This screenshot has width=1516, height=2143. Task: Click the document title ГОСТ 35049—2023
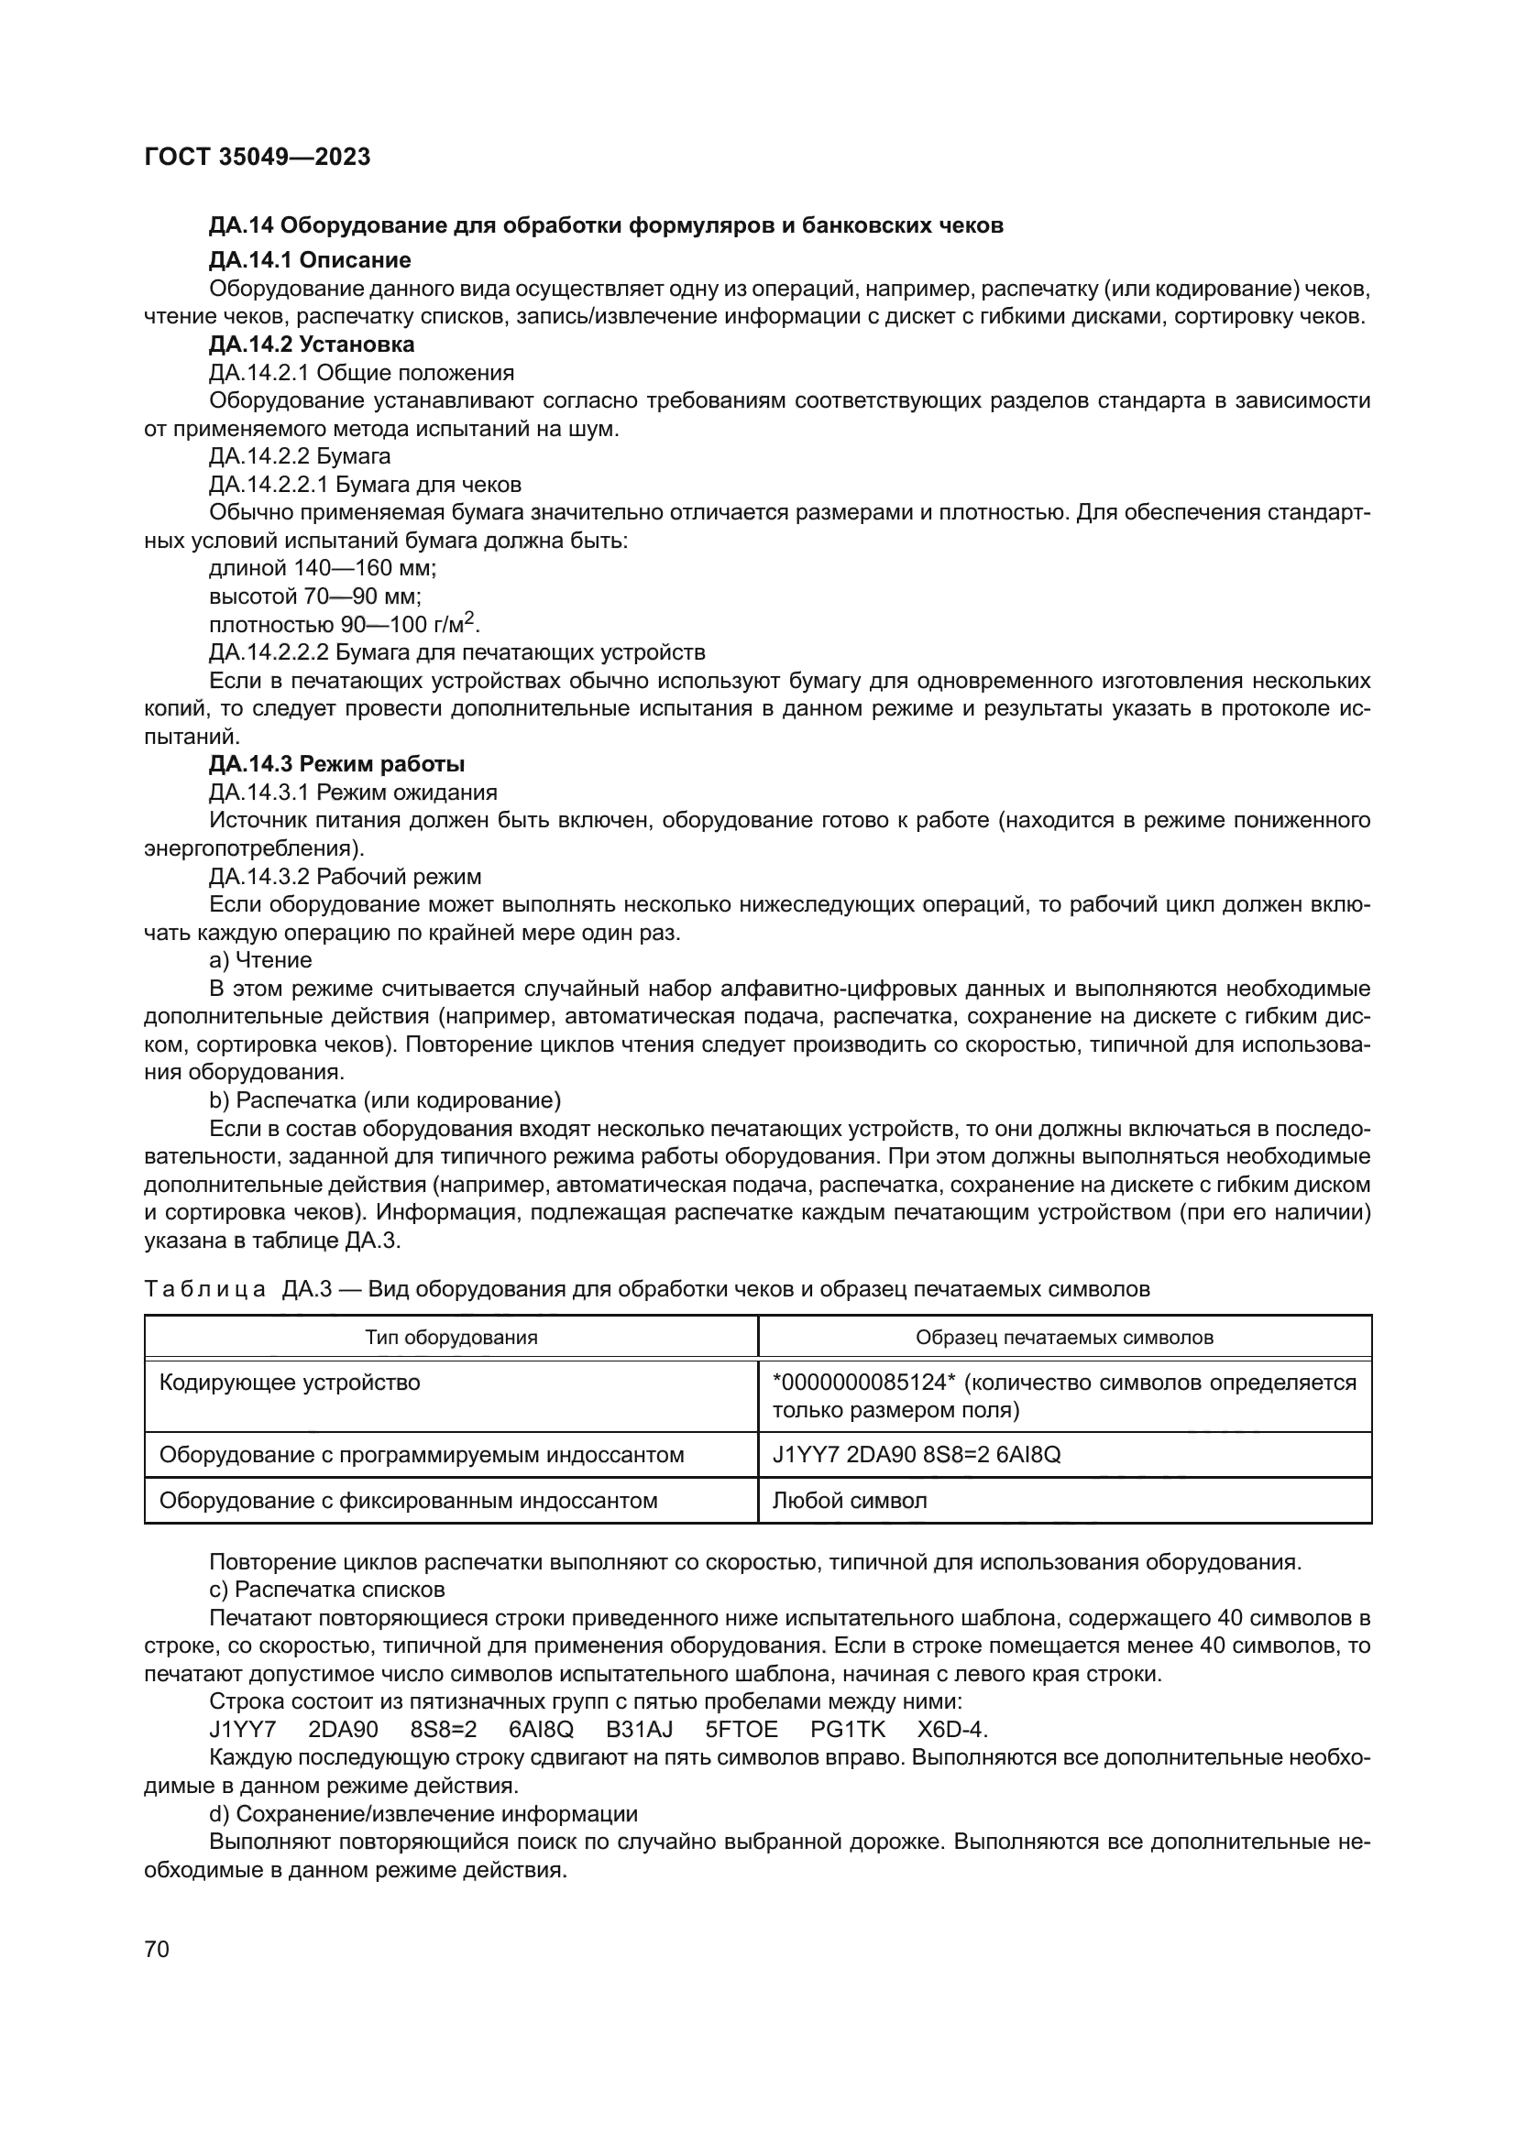[258, 157]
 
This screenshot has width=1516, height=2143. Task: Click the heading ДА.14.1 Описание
[309, 259]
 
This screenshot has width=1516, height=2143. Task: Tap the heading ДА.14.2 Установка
[312, 344]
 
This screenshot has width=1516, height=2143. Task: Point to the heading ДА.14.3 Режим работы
[337, 764]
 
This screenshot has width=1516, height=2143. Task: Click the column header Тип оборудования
[451, 1338]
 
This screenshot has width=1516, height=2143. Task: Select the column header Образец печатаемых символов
[1064, 1338]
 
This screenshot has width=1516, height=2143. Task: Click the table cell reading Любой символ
[850, 1501]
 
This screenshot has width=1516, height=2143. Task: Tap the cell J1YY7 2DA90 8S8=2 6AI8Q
[917, 1455]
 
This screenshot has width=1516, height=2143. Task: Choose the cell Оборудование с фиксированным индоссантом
[408, 1501]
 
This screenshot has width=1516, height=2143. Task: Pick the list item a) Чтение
[260, 960]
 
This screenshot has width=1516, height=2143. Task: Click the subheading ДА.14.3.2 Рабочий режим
[346, 877]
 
